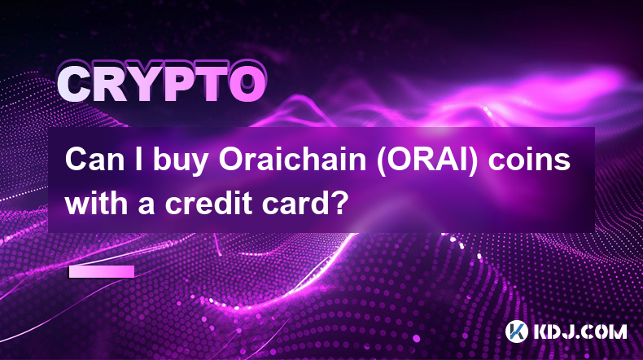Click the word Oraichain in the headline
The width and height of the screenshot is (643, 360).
(292, 160)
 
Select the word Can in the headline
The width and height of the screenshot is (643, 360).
(94, 160)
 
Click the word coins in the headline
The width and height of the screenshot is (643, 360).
(529, 160)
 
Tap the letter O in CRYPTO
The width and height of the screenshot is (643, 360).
(247, 85)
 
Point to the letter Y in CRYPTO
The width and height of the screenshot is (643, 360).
(144, 85)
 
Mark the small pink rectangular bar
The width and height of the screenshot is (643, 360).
(101, 271)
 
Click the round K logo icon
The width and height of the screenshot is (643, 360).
(517, 331)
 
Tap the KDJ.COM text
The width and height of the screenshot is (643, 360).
(580, 331)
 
